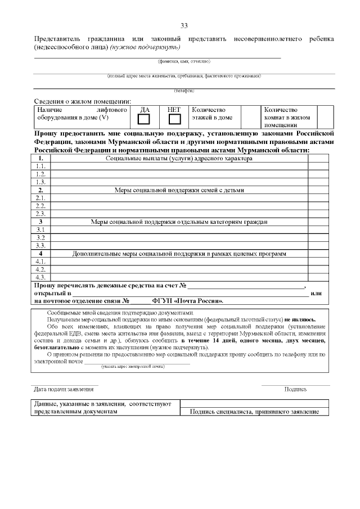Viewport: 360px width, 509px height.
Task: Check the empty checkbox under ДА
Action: [144, 119]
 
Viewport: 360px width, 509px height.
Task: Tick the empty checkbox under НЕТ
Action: [174, 119]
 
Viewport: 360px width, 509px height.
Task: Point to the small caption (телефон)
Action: [184, 91]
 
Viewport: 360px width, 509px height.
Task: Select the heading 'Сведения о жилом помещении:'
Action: [82, 101]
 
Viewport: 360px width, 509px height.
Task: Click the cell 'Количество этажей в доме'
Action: [212, 114]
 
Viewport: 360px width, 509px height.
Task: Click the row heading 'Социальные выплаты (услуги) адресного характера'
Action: [179, 159]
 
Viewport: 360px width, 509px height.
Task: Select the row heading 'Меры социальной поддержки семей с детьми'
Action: [179, 190]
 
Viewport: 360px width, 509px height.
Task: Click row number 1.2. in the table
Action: [40, 174]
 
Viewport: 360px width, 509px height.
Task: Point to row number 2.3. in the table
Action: [40, 214]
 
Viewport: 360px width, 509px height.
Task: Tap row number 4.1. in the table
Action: [40, 262]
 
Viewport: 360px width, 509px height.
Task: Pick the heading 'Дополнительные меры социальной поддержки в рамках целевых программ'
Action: [179, 254]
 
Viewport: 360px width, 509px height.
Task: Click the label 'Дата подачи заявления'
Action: [63, 389]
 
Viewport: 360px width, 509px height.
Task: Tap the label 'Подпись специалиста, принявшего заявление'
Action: [254, 412]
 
